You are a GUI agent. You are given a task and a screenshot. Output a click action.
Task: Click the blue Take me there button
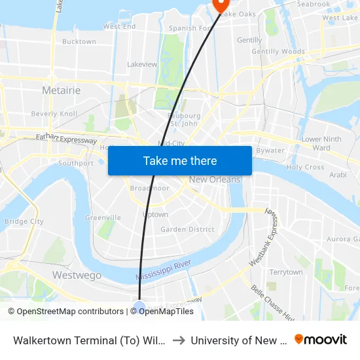tap(180, 160)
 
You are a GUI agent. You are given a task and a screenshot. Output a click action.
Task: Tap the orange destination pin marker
tap(219, 4)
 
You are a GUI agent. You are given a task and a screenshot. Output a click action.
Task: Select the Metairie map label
tap(61, 90)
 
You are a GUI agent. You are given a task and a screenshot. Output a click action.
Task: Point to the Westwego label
tap(77, 276)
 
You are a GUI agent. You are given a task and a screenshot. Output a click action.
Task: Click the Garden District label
tap(187, 229)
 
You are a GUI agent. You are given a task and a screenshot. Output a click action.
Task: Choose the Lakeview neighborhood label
tap(142, 65)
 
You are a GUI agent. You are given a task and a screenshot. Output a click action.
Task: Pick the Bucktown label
tap(79, 41)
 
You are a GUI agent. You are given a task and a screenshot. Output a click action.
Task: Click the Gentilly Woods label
tap(278, 52)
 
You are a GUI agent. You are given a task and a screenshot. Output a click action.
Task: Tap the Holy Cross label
tap(305, 167)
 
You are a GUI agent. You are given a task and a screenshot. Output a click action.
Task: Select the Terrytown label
tap(286, 272)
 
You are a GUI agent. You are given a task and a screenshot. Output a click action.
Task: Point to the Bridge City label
tap(24, 221)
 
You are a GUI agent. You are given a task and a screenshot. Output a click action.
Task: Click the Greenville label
tap(103, 217)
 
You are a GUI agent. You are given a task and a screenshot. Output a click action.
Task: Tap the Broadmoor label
tap(150, 188)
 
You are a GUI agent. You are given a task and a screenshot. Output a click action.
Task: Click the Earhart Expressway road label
tap(64, 139)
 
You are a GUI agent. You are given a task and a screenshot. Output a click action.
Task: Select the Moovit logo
tap(321, 340)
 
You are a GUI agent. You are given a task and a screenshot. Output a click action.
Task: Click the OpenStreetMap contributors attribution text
tap(65, 312)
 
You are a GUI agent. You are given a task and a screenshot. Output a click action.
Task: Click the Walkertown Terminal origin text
tap(88, 340)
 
